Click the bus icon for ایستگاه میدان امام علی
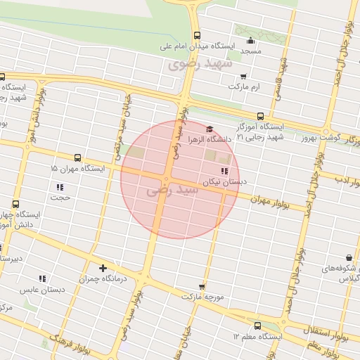click(196, 36)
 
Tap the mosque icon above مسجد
click(251, 39)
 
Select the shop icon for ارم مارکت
click(243, 76)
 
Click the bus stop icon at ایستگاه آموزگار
click(260, 116)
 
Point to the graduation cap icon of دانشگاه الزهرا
click(209, 129)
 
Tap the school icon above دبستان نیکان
click(224, 171)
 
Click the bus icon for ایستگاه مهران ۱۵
click(77, 158)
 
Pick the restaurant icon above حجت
click(60, 187)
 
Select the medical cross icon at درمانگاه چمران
click(103, 268)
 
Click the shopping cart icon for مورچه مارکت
click(202, 286)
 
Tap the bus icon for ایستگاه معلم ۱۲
click(257, 326)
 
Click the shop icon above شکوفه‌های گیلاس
click(349, 259)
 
